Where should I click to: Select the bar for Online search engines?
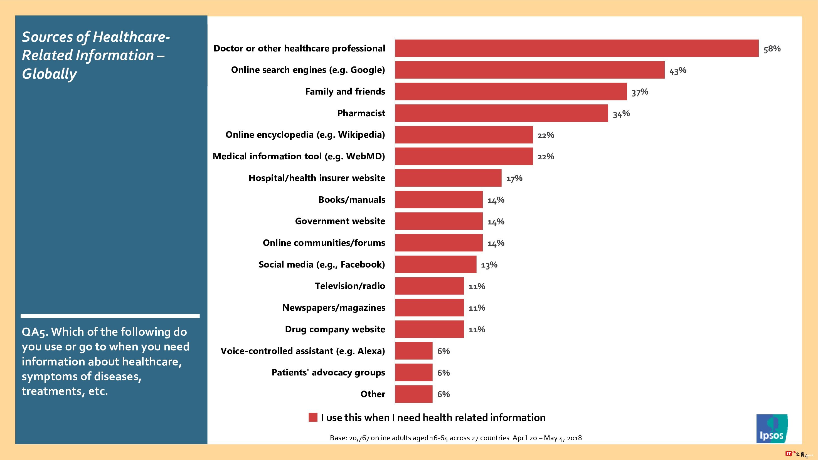coord(530,70)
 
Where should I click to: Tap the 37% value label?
coord(640,92)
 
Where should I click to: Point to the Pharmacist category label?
coord(361,113)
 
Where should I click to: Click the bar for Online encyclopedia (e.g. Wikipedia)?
coord(464,135)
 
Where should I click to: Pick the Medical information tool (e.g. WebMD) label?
coord(299,156)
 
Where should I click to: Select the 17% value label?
coord(514,179)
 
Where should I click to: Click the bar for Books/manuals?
coord(438,199)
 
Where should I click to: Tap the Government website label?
coord(340,221)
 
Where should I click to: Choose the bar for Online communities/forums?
coord(438,243)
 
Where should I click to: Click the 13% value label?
coord(489,265)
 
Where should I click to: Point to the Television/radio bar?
coord(429,286)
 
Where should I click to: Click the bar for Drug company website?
coord(429,329)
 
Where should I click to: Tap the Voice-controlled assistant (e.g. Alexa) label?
coord(303,351)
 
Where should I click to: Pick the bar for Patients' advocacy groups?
coord(413,372)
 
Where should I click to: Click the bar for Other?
coord(413,394)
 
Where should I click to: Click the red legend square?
coord(313,417)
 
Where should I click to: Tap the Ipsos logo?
coord(772,429)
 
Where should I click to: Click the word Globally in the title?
coord(49,74)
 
